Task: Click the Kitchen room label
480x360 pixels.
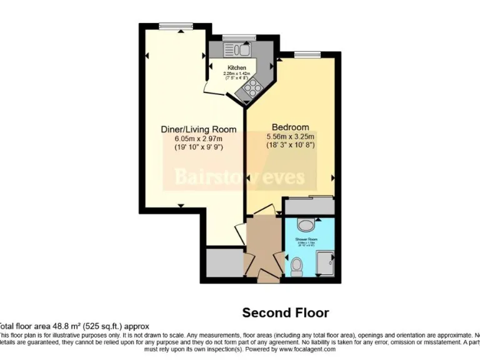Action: pos(236,67)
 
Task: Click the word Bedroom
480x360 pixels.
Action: pos(291,127)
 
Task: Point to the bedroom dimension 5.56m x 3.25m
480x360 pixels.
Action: pos(291,136)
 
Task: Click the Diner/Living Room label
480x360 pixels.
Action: pos(199,129)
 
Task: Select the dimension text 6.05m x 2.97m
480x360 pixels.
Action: pos(199,138)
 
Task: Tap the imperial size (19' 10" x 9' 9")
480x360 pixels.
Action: pos(199,147)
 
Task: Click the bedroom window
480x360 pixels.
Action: pos(304,53)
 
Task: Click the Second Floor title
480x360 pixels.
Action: pos(285,312)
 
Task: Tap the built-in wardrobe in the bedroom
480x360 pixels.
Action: pos(309,206)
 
